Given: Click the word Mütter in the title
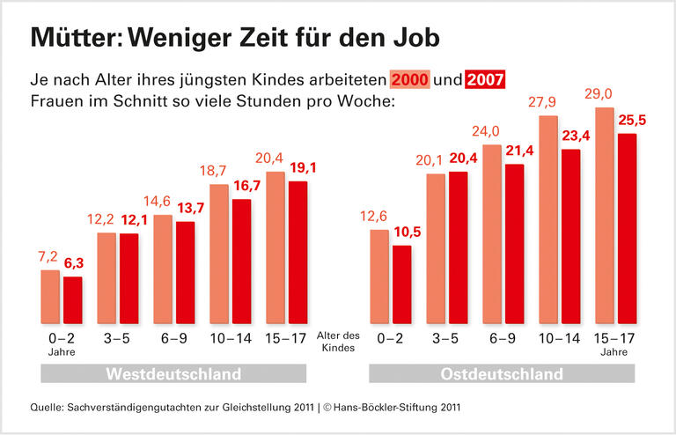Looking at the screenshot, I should point(75,38).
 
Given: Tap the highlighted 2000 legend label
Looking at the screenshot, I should point(410,79).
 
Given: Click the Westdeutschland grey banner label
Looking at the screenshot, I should point(173,374).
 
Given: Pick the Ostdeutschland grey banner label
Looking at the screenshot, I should point(502,374).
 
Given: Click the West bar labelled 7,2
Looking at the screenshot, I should point(50,298).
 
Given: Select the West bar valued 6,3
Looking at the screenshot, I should point(73,301).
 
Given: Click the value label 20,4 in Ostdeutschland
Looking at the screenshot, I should point(458,159).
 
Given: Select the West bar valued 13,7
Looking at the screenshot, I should point(186,273).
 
